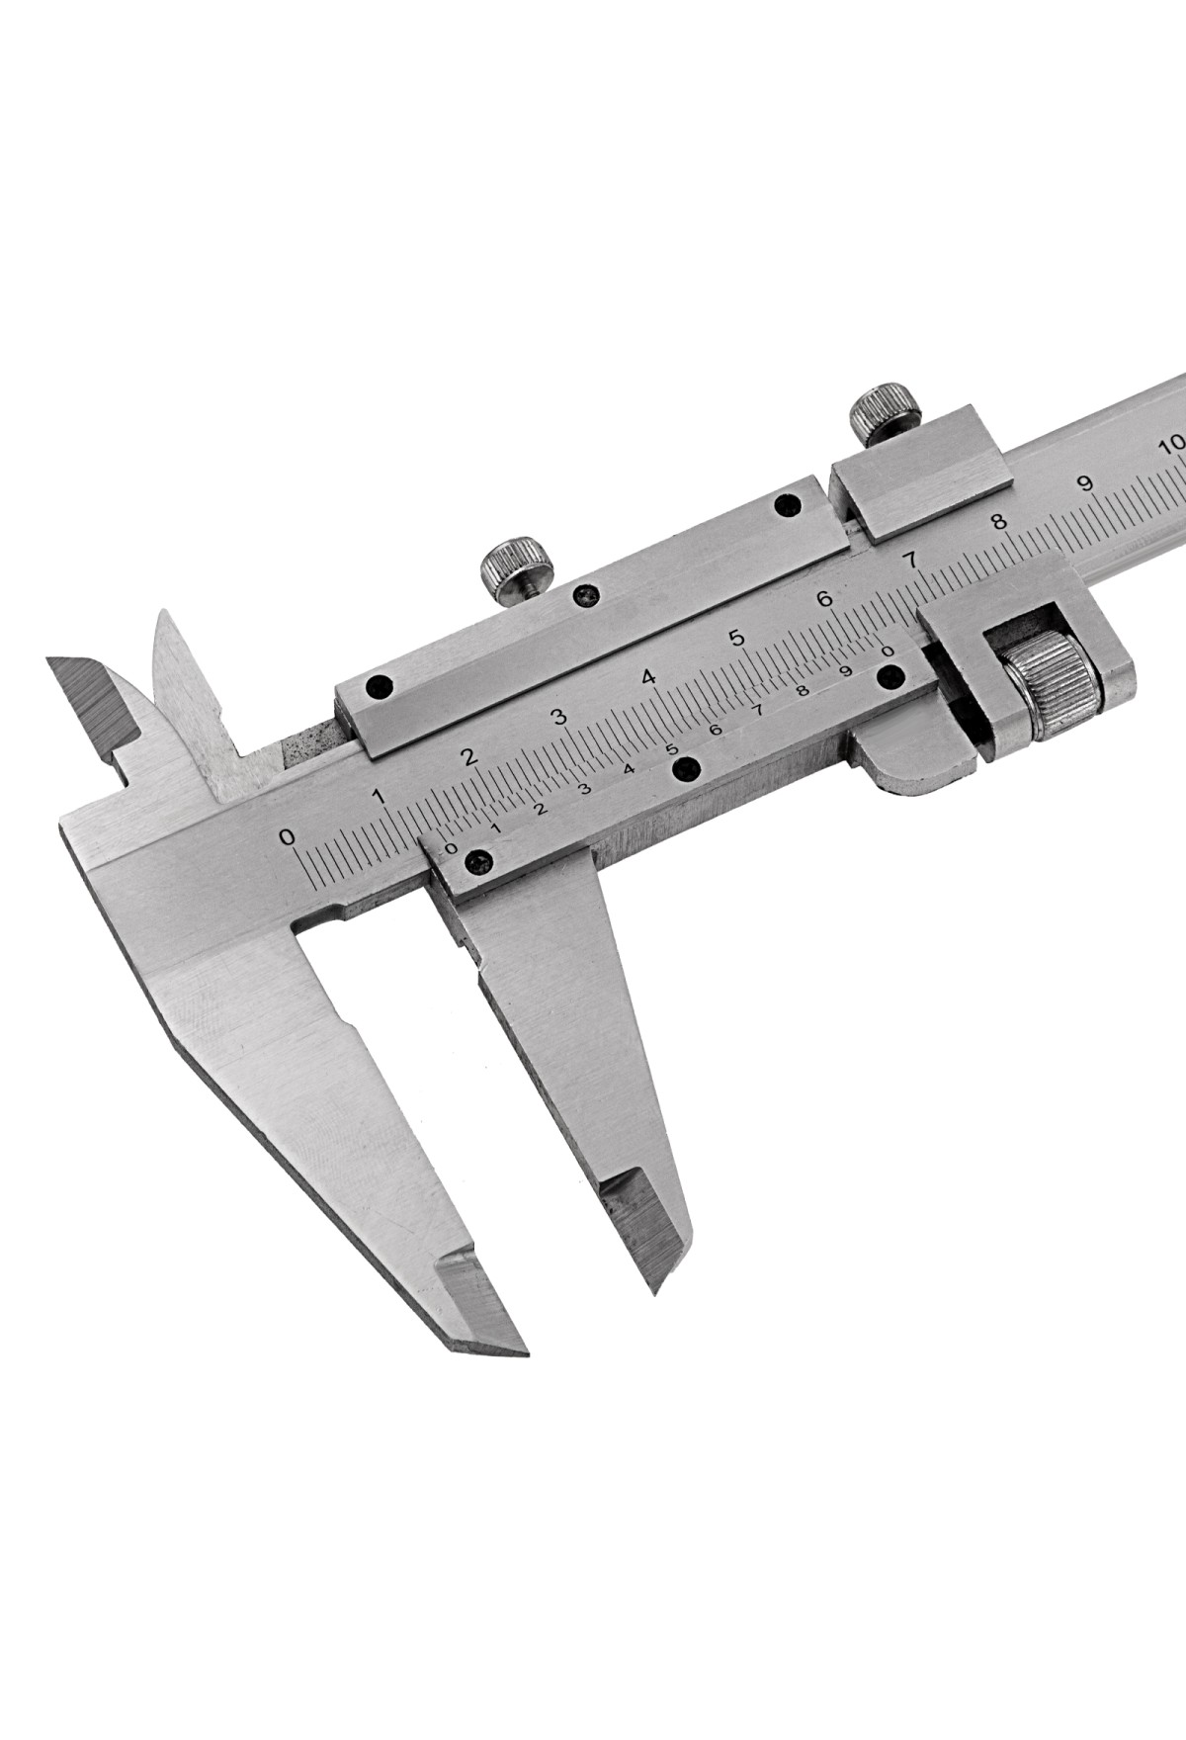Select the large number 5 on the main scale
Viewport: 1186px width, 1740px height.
735,638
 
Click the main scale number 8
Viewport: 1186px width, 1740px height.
1000,521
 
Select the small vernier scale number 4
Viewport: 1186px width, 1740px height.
628,769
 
